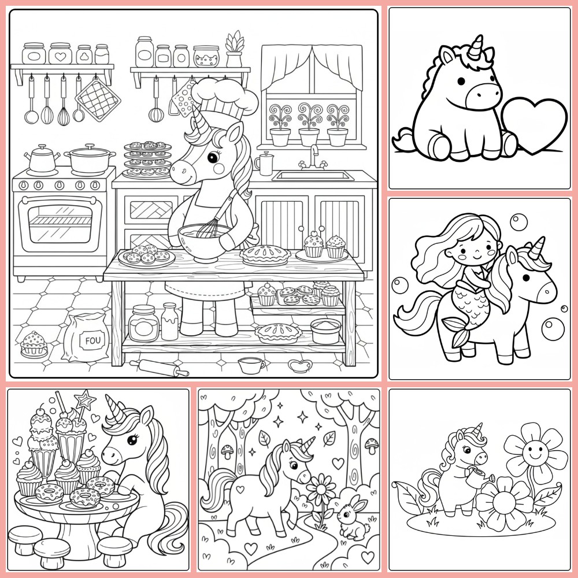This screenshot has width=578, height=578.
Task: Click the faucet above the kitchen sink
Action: pos(314,156)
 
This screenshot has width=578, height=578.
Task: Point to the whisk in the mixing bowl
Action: pos(212,223)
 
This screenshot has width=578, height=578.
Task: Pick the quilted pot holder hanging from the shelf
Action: pos(97,96)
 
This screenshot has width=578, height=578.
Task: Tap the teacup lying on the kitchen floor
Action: pos(250,364)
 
